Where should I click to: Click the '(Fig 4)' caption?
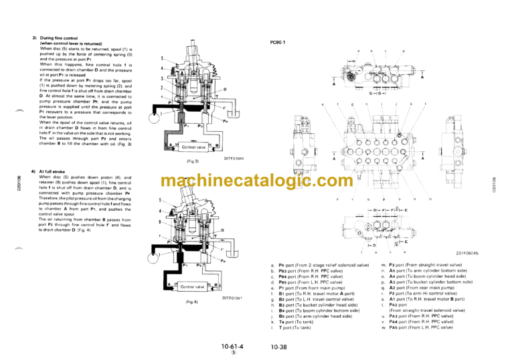193,302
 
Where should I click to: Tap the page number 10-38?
279,347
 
